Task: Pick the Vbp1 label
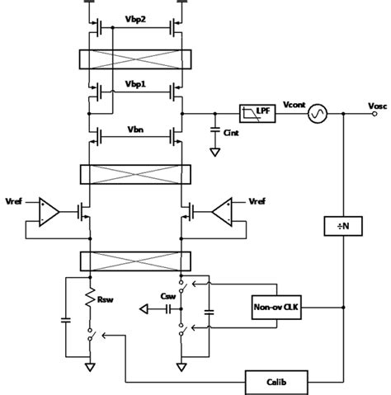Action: coord(135,85)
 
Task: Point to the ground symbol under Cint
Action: coord(214,153)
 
